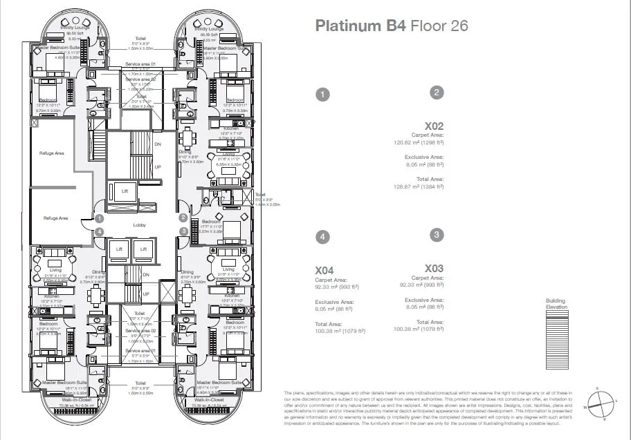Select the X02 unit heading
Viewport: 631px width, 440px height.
point(434,126)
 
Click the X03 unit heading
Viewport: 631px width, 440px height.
point(434,269)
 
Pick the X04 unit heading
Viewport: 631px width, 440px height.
point(324,270)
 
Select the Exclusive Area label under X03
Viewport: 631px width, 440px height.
point(424,300)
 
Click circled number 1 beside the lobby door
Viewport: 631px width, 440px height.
point(100,218)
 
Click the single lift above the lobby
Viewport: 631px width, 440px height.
point(125,190)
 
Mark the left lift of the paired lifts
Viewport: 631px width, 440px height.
point(119,248)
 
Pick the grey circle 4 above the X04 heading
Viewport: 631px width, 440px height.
point(321,236)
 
